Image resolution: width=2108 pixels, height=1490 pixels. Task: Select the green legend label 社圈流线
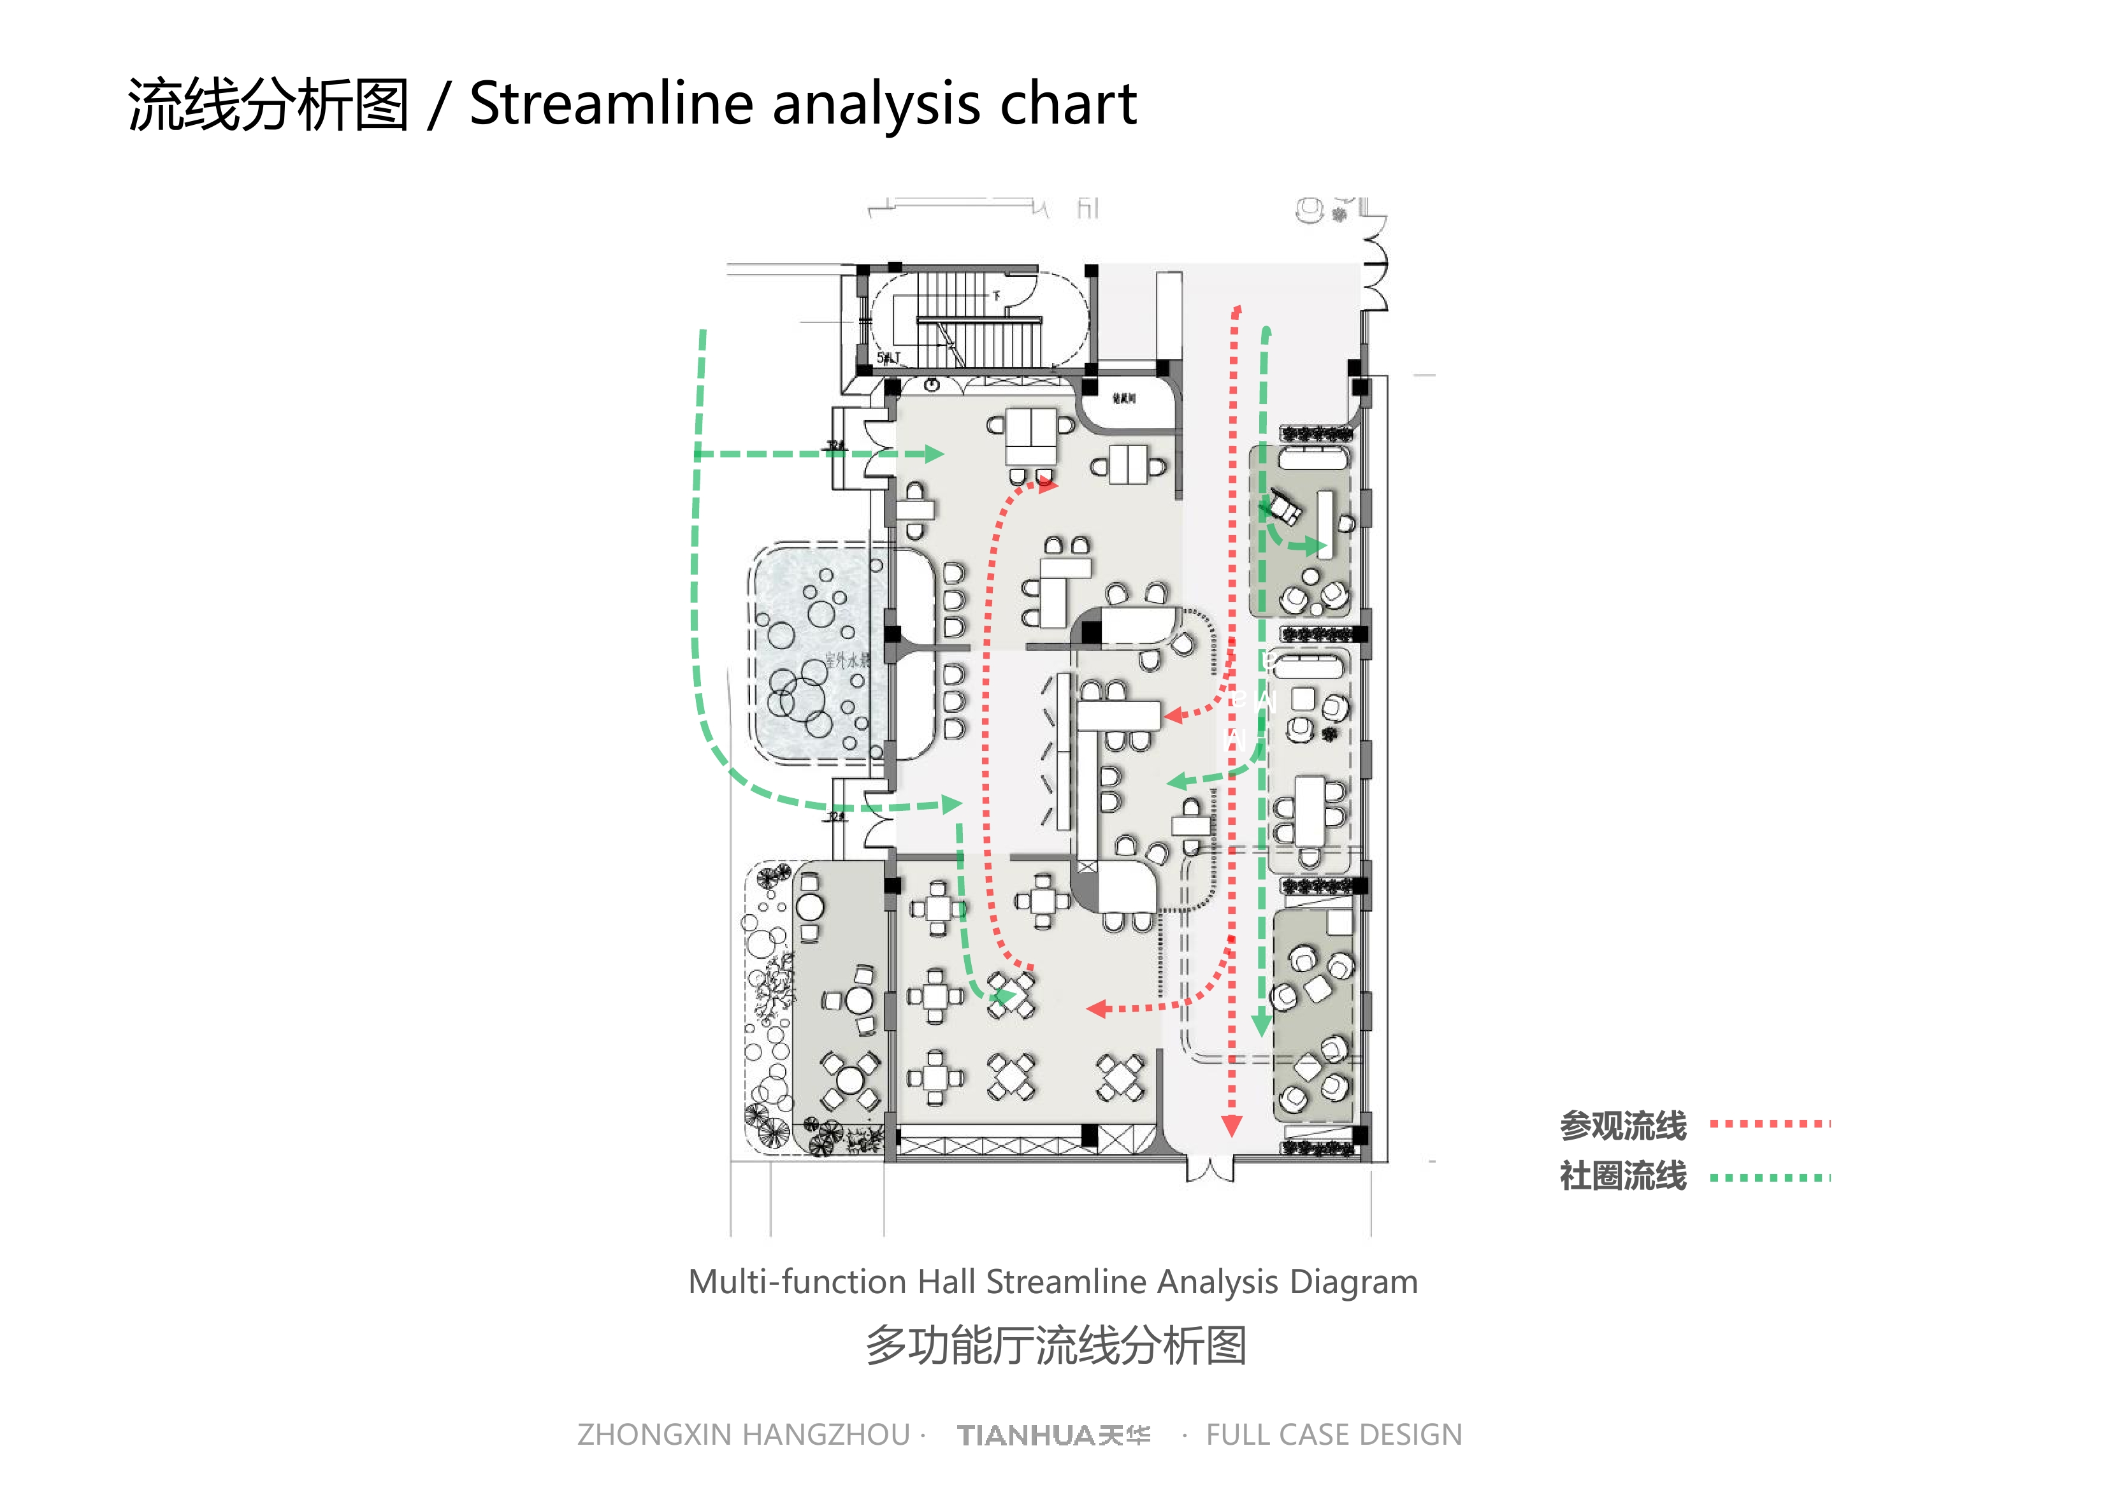[1622, 1176]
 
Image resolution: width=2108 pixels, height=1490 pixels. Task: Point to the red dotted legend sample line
[1769, 1124]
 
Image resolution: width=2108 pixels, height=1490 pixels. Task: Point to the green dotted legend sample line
[1769, 1177]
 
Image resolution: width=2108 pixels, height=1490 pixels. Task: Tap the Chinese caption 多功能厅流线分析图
[1056, 1345]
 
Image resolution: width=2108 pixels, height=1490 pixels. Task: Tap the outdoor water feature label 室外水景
[846, 660]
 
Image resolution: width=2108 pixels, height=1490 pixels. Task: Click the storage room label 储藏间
[1123, 398]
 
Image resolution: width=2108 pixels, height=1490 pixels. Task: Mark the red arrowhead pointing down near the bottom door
[1231, 1126]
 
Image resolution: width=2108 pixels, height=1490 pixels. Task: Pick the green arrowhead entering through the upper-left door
[935, 454]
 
